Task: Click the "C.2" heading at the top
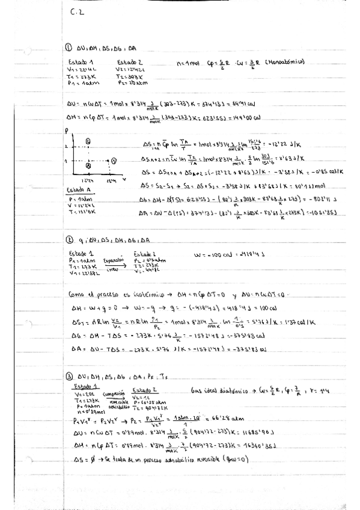point(76,16)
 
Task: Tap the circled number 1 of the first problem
point(69,49)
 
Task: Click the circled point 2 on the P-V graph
point(114,161)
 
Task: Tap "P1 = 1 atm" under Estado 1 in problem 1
point(79,83)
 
